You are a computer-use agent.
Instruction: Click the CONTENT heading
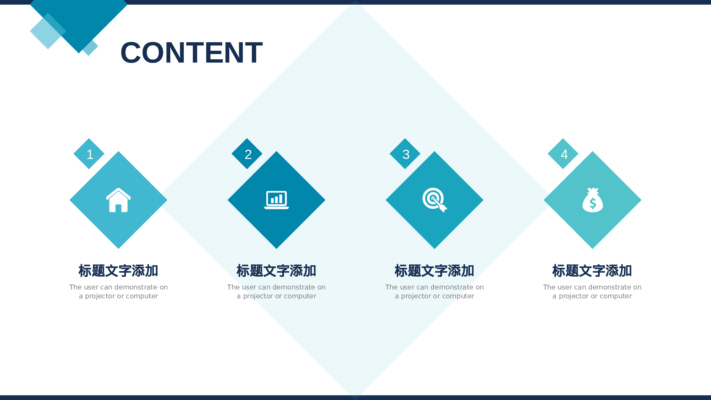(191, 53)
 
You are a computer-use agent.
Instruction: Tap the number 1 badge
(89, 154)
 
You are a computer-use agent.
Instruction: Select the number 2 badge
(247, 154)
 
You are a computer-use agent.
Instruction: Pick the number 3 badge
(405, 154)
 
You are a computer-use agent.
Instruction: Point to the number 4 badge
(563, 154)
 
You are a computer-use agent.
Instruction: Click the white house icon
(118, 200)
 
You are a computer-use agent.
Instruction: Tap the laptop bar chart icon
(277, 199)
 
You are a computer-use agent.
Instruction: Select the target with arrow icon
(434, 199)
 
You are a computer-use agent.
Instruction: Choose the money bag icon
(593, 200)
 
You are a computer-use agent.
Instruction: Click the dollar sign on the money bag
(593, 203)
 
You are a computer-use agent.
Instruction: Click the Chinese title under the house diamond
(118, 271)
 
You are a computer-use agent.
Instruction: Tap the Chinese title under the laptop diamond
(277, 271)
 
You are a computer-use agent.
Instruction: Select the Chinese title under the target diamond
(434, 271)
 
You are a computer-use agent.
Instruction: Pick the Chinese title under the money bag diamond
(592, 271)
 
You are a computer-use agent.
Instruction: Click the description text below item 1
(118, 292)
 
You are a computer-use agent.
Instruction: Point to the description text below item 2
(277, 292)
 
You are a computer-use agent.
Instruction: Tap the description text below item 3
(434, 292)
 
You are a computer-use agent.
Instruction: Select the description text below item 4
(592, 292)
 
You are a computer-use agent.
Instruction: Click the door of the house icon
(118, 208)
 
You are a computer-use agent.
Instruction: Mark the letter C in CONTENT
(133, 53)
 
